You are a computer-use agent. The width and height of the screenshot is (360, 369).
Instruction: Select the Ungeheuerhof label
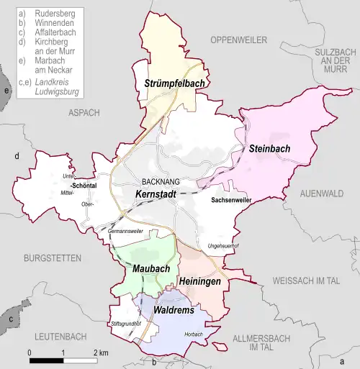[223, 247]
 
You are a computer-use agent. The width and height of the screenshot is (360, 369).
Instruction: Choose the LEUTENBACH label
[55, 336]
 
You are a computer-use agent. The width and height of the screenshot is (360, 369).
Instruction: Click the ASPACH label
[84, 112]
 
